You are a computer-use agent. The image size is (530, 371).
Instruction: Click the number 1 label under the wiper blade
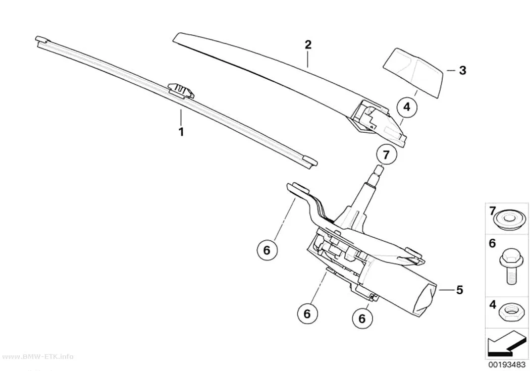pos(181,131)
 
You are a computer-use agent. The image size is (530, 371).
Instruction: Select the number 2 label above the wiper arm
pos(308,44)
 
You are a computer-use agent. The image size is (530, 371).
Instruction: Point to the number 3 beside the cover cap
pos(462,70)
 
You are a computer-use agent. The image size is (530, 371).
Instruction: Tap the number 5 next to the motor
pos(459,290)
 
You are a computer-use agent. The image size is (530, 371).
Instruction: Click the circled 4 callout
pos(407,107)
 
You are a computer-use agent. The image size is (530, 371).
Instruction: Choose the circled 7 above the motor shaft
pos(386,154)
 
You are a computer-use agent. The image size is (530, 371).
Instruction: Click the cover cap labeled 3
pos(413,72)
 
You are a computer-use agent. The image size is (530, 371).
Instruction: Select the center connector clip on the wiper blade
pos(181,90)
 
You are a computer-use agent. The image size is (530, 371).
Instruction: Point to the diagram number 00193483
pos(506,364)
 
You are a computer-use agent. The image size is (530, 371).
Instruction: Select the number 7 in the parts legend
pos(493,211)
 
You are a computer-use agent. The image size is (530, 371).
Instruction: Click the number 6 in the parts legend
pos(493,243)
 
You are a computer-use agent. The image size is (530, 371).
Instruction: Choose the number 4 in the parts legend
pos(493,305)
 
